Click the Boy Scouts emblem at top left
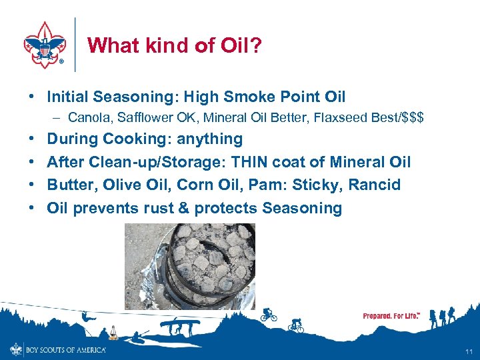[x=44, y=45]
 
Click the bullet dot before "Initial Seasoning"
[x=32, y=97]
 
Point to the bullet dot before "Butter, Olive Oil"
[x=32, y=185]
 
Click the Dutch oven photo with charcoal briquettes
[x=190, y=265]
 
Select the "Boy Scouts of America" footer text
[x=66, y=349]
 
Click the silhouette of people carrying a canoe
[x=179, y=326]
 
